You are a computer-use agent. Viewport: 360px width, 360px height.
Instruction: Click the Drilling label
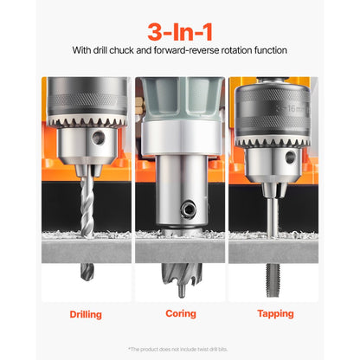click(x=86, y=313)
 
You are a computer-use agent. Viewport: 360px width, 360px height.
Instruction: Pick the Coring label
click(x=179, y=313)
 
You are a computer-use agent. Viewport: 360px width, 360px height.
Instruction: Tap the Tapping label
click(x=274, y=313)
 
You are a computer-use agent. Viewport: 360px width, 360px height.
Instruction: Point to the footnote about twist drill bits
click(x=180, y=349)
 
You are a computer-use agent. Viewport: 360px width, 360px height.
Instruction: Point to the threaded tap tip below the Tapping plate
click(x=273, y=277)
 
